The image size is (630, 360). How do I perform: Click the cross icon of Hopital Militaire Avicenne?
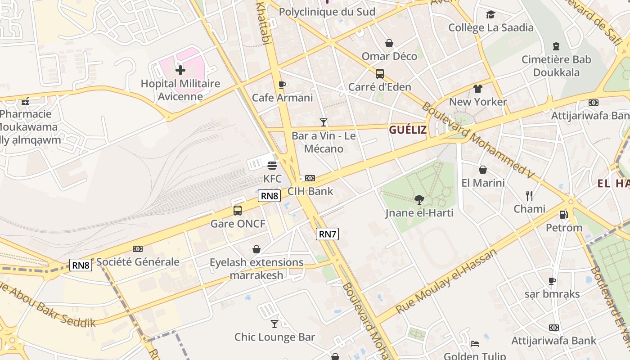180,70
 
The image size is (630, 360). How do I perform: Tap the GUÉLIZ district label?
408,130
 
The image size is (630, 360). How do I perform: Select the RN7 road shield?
327,234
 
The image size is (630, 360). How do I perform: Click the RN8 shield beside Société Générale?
81,265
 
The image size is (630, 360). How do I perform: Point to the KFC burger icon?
272,166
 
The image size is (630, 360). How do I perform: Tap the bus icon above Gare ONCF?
238,210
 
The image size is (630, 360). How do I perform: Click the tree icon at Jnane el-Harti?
419,199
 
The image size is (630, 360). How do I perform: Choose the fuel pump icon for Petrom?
563,215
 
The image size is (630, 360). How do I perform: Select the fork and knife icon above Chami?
529,196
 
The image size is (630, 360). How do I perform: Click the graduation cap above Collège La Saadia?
490,15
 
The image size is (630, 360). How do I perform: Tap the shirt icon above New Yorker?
477,89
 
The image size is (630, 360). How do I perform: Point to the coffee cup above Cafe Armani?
282,85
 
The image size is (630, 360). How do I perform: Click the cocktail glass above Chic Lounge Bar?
274,324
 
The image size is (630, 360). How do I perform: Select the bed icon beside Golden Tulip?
475,344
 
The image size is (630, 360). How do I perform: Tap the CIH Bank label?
310,191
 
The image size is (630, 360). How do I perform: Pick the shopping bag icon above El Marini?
483,170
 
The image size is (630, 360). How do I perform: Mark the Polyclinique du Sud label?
327,12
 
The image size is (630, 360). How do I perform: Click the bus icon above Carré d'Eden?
380,74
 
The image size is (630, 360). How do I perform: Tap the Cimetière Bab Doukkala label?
556,66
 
